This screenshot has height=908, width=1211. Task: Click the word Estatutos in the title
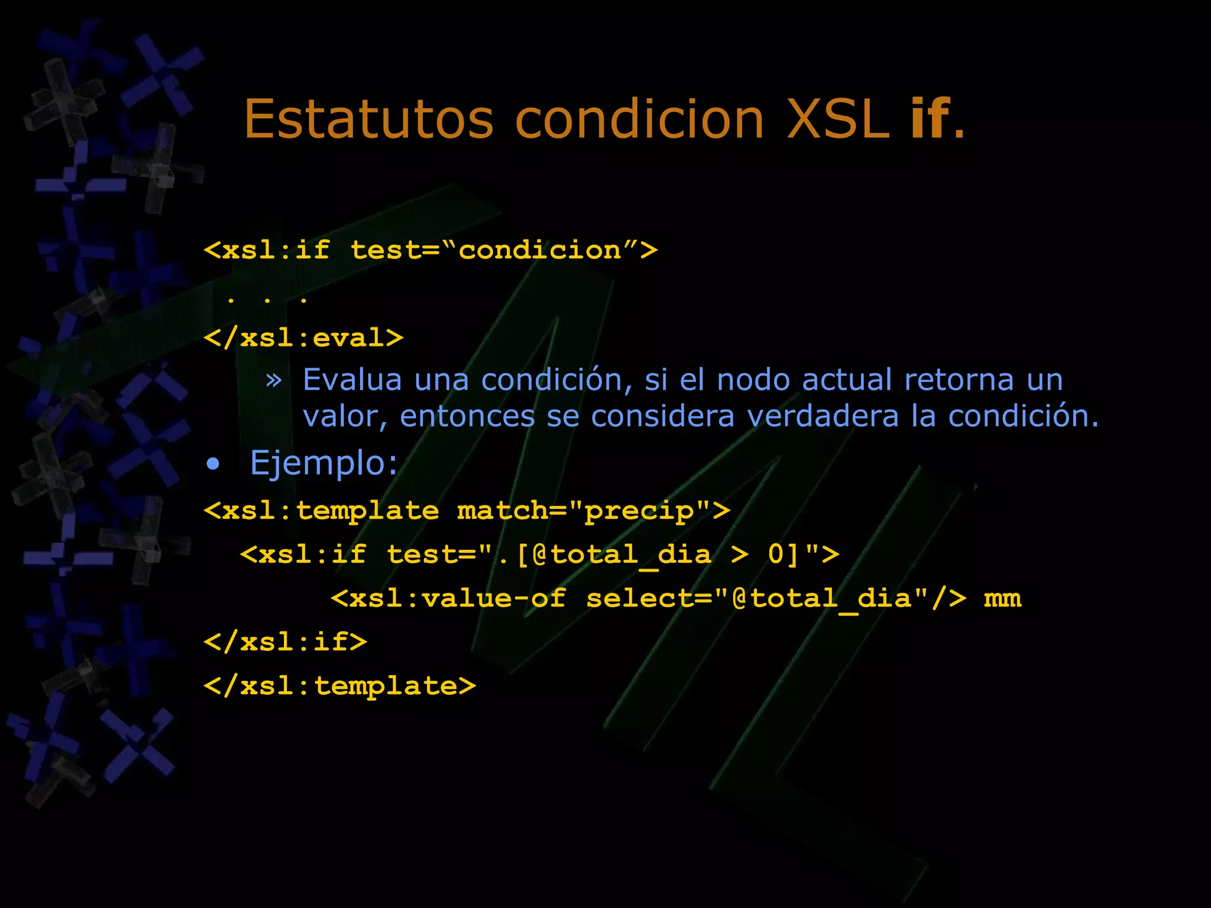[x=368, y=119]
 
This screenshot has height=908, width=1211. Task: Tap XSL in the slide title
[x=838, y=119]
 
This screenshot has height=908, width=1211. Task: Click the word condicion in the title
[x=639, y=119]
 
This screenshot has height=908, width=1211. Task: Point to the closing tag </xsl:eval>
[x=303, y=338]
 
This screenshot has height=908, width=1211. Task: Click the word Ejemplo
[x=323, y=463]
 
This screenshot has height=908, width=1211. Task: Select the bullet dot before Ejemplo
[x=213, y=464]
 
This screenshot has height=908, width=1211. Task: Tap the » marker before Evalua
[x=274, y=380]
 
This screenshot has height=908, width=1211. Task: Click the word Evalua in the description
[x=352, y=380]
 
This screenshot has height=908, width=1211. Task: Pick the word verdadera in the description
[x=823, y=416]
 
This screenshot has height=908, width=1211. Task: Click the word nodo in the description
[x=753, y=380]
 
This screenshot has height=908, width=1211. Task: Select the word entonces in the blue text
[x=467, y=416]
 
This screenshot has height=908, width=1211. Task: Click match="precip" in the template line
[x=584, y=511]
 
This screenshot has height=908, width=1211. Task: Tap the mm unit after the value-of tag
[x=1002, y=598]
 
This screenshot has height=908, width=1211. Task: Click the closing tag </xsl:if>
[x=286, y=642]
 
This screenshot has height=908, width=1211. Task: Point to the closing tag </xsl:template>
[x=339, y=686]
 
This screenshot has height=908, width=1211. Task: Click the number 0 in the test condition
[x=776, y=554]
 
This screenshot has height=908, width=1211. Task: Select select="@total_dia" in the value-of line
[x=757, y=598]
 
